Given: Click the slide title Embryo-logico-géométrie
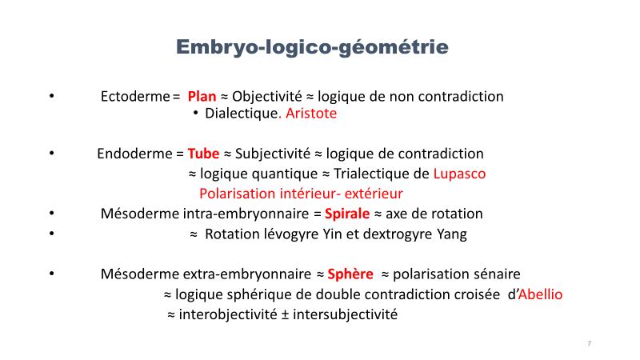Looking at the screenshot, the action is (x=312, y=47).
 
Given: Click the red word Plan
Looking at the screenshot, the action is (x=202, y=96).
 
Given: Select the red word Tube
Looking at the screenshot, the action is (x=203, y=154).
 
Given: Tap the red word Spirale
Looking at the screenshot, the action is (x=347, y=214).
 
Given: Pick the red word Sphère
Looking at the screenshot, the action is (x=350, y=274).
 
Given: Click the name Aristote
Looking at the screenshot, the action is (x=311, y=113).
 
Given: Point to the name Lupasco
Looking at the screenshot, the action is (x=459, y=174).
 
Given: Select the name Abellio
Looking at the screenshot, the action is (x=540, y=294).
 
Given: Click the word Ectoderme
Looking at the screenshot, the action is (x=135, y=96).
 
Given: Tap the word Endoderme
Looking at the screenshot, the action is (x=134, y=154).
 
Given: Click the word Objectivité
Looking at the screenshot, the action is (x=267, y=96).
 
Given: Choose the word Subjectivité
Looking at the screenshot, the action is (x=273, y=154).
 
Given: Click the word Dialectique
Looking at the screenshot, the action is (x=242, y=113).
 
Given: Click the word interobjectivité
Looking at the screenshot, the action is (x=228, y=314).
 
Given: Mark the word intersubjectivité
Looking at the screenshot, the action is (x=346, y=314).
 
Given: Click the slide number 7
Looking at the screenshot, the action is (x=589, y=343).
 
